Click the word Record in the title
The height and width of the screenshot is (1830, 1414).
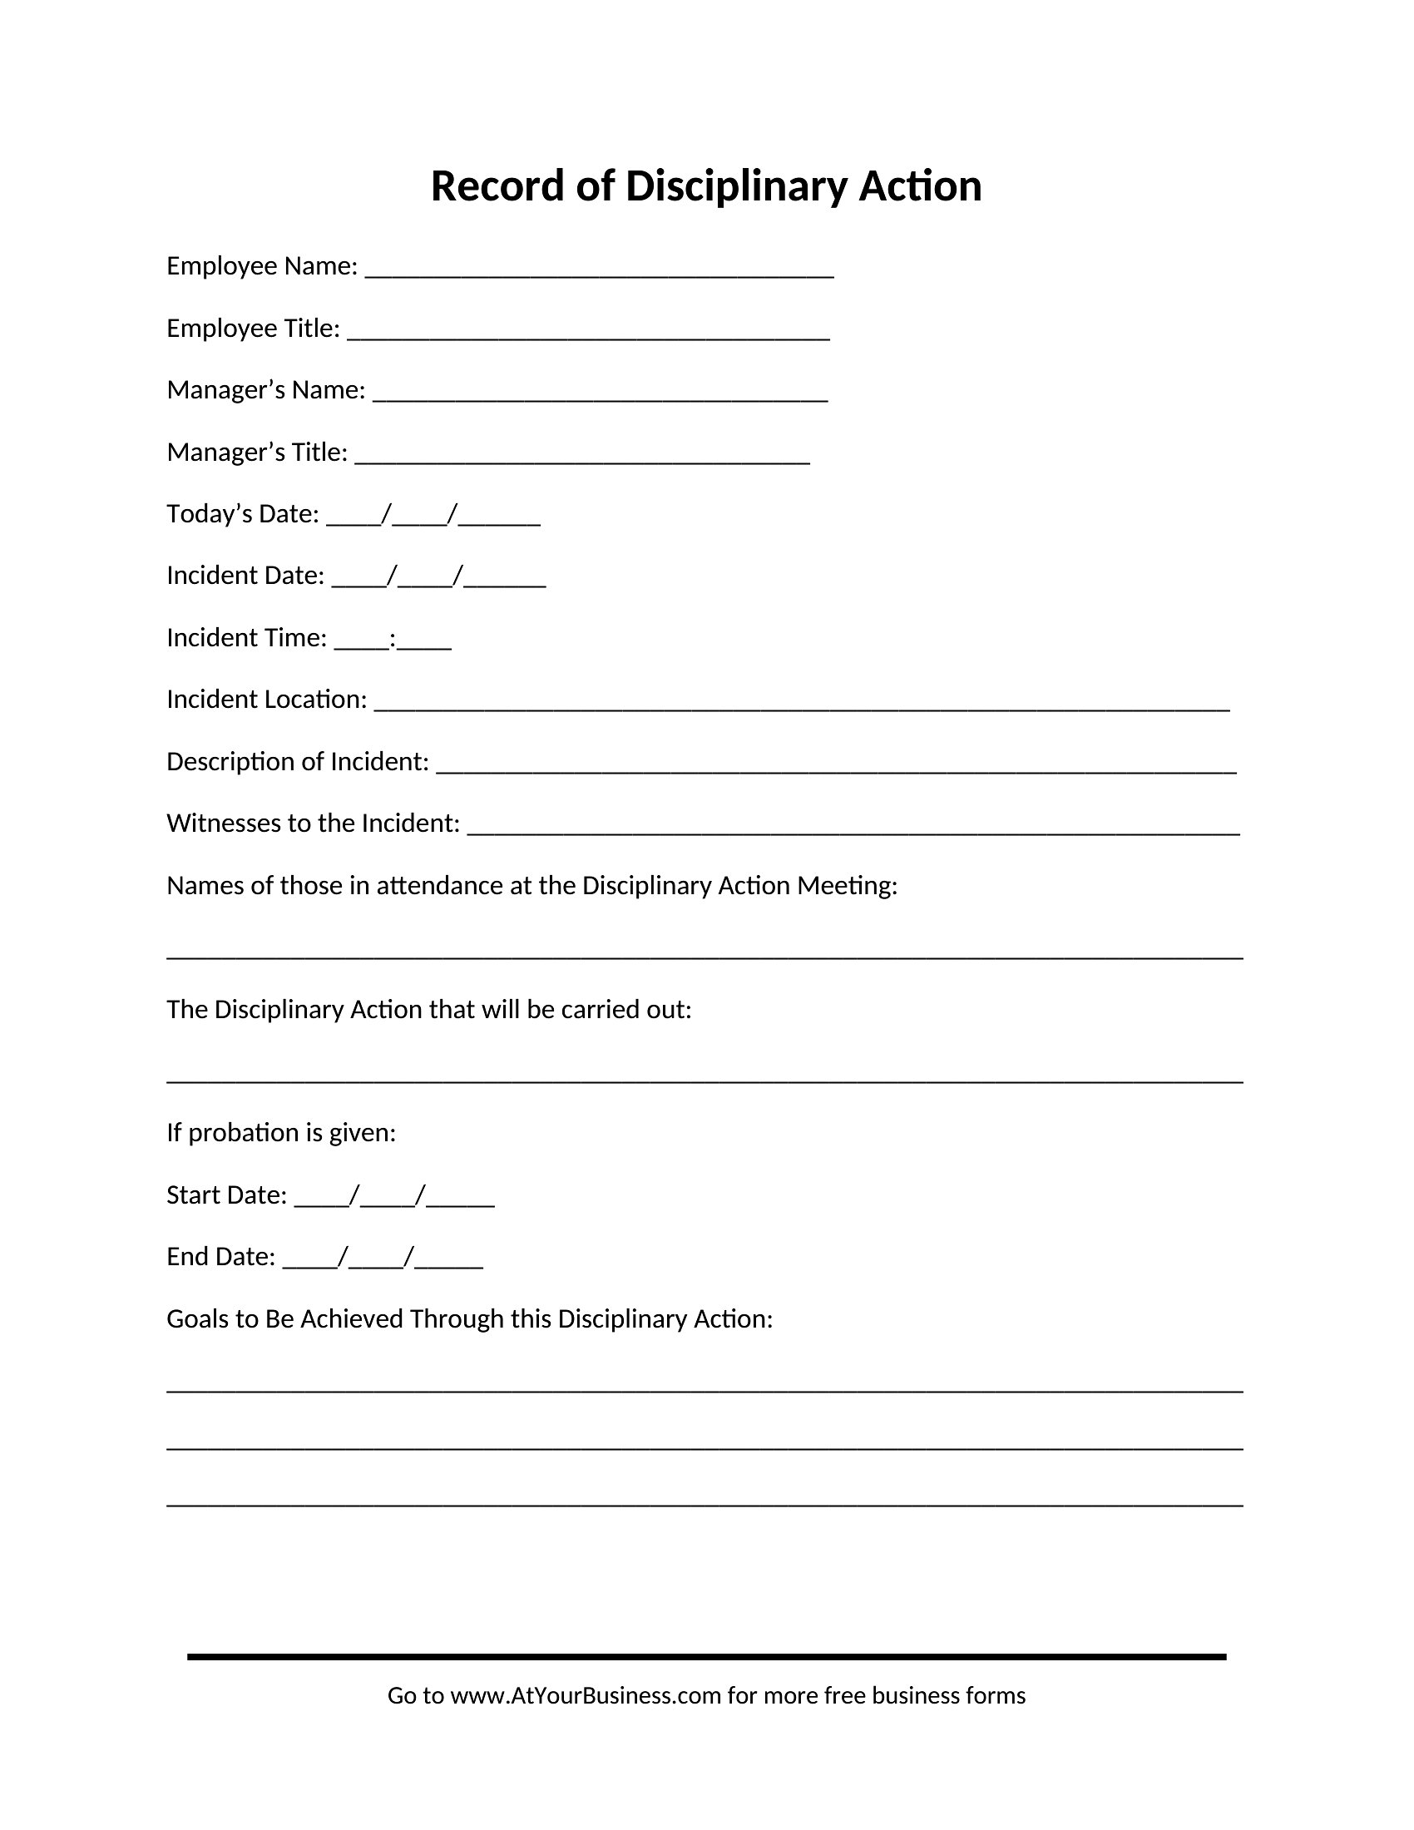point(497,186)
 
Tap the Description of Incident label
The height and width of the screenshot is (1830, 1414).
point(298,762)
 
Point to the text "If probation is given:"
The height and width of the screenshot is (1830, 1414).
point(280,1133)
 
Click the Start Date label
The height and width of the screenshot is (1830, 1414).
point(226,1194)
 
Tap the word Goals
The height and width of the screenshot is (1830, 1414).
point(200,1319)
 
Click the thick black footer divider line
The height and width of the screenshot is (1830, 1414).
point(706,1656)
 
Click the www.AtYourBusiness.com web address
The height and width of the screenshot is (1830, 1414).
point(586,1696)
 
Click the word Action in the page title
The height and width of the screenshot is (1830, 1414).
point(920,186)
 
